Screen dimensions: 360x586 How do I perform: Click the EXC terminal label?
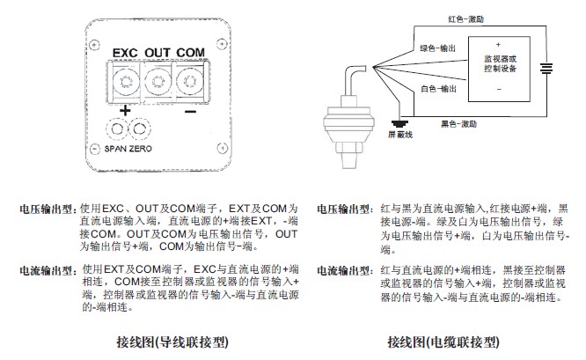point(125,53)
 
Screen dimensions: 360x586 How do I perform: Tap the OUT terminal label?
point(157,53)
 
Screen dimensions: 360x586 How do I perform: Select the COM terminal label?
point(191,53)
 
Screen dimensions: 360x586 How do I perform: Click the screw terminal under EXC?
point(124,84)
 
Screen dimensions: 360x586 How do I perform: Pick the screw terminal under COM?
point(190,84)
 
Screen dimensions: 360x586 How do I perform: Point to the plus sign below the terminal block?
point(124,111)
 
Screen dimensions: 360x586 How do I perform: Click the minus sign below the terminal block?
point(191,111)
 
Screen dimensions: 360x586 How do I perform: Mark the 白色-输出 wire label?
point(436,90)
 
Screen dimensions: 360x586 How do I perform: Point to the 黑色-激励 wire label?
point(461,125)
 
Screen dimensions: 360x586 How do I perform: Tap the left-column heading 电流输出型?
point(49,269)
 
